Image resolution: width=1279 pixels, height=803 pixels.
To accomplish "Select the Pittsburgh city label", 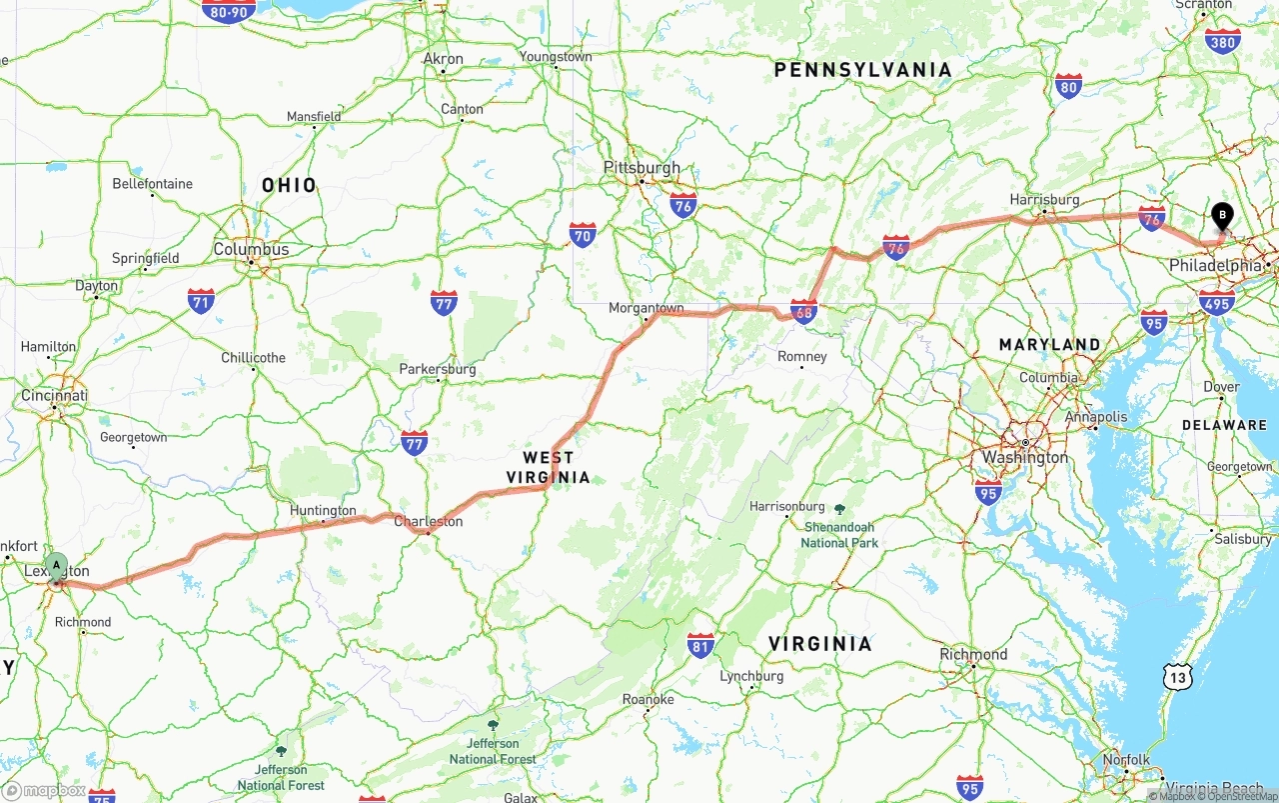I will point(641,168).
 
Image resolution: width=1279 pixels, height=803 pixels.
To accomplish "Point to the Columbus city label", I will point(251,250).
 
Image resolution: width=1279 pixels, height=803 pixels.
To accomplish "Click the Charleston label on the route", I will point(428,521).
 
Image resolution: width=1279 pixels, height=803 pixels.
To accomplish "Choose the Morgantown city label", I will point(646,308).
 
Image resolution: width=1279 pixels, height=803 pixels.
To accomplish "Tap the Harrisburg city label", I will point(1044,200).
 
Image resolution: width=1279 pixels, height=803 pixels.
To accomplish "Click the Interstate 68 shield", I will point(803,312).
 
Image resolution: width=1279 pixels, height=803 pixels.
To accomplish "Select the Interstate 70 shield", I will point(583,235).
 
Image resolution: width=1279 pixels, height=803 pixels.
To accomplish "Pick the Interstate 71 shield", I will point(201,301).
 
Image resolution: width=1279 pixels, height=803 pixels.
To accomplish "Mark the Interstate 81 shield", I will point(700,645).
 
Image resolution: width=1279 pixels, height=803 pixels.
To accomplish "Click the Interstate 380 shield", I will point(1223,40).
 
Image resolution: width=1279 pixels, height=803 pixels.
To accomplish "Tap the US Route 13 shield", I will point(1178,678).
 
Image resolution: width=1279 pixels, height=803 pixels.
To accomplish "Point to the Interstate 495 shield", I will point(1216,302).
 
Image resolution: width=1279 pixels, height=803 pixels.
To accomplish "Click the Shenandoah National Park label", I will point(839,534).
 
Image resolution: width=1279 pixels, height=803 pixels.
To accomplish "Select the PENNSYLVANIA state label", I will point(863,70).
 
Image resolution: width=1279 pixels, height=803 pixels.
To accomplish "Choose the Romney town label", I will point(802,357).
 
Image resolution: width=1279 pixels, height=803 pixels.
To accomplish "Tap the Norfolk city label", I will point(1127,760).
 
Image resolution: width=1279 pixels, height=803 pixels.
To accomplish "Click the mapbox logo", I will point(44,790).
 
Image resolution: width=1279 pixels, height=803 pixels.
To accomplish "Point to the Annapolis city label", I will point(1096,417).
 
